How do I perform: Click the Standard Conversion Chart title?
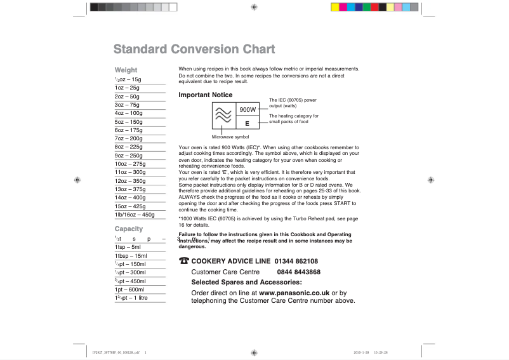194,50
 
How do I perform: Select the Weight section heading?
126,70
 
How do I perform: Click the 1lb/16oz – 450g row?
135,215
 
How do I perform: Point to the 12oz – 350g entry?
130,181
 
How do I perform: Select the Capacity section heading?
128,229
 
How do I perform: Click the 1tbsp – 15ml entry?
131,256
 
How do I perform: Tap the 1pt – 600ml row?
129,290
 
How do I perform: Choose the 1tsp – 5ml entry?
128,247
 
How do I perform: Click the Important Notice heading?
206,95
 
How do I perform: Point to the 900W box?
247,110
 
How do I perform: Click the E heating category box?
247,123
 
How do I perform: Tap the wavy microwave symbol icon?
223,116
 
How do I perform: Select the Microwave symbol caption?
230,137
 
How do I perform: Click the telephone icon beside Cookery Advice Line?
184,261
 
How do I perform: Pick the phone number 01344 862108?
296,261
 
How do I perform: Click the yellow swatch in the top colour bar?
335,7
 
